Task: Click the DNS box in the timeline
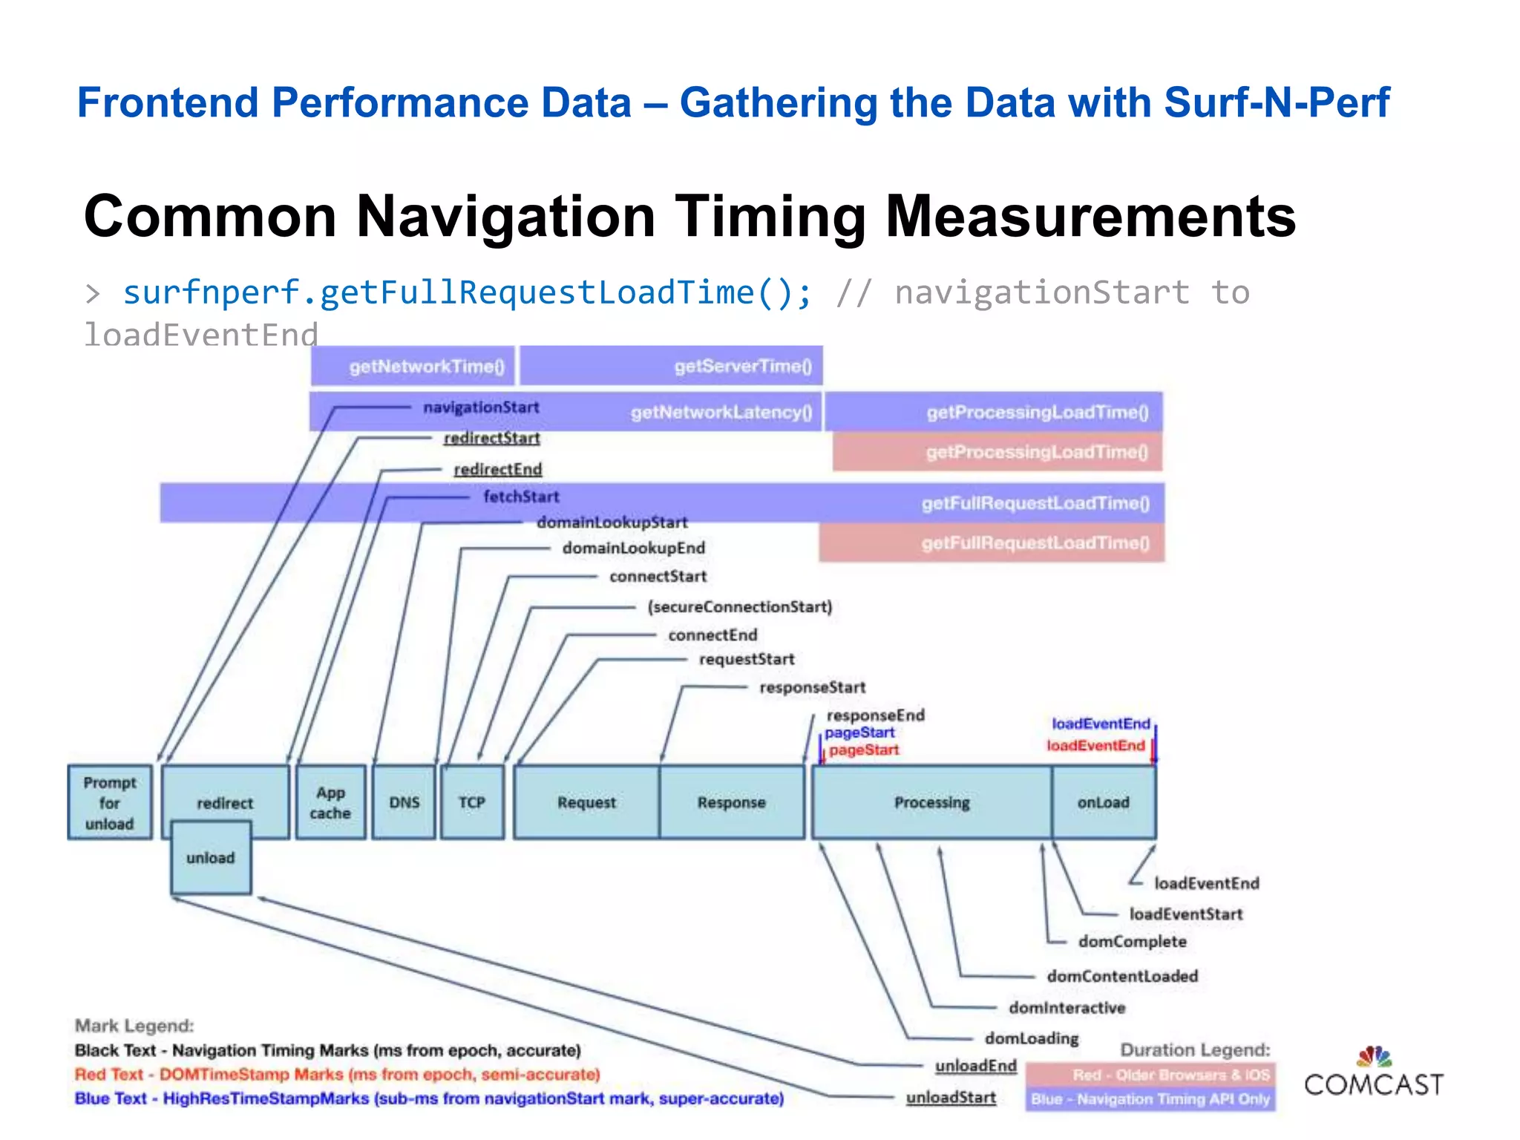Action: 404,802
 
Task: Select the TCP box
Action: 472,802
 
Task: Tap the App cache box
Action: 330,802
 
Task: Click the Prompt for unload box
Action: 110,802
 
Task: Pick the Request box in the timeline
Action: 586,802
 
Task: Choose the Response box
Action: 732,802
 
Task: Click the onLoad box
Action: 1104,802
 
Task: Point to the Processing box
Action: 932,802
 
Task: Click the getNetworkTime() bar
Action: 413,366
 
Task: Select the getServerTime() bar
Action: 671,366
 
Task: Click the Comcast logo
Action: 1374,1074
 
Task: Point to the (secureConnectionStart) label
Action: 740,607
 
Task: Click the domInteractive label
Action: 1067,1007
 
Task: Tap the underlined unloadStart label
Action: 951,1097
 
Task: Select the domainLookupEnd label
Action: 633,548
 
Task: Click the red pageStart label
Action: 864,750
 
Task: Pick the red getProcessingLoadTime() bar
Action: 997,452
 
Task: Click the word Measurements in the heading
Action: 1090,217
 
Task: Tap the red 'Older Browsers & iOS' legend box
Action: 1150,1075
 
